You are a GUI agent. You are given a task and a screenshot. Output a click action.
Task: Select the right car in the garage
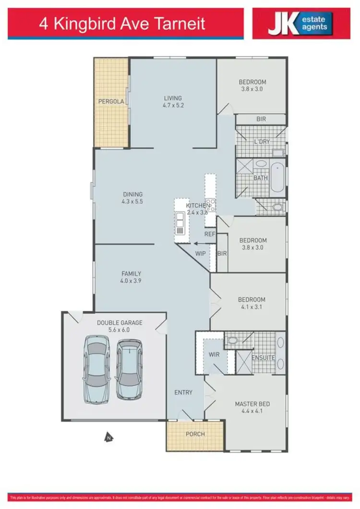coord(129,369)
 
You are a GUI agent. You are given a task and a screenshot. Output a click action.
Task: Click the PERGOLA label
coord(111,101)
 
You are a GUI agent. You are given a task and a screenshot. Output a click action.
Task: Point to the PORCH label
coord(195,434)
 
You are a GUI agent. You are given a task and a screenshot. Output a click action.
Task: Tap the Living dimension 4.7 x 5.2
coord(173,106)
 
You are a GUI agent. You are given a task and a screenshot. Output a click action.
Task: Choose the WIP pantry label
coord(201,253)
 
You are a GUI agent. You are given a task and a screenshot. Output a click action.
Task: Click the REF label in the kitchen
coord(209,234)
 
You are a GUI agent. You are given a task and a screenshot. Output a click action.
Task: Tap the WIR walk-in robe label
coord(214,355)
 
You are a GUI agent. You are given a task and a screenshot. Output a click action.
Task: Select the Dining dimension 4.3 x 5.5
coord(132,202)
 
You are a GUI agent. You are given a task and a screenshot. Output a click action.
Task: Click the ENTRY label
coord(183,392)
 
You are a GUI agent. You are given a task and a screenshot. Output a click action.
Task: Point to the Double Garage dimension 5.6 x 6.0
coord(119,330)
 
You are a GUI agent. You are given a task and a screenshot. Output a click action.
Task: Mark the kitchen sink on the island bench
coord(180,222)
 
